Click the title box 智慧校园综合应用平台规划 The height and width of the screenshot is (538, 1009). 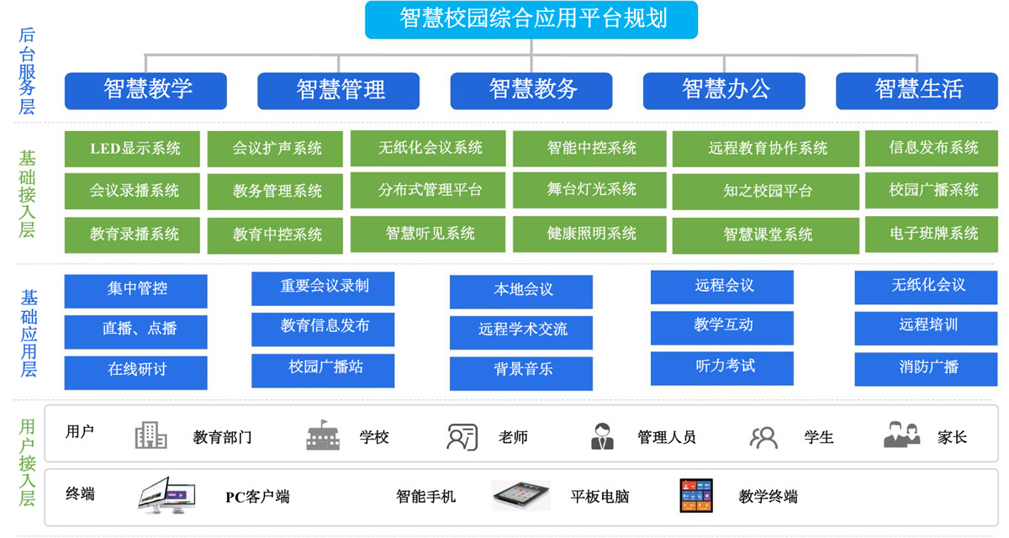(x=531, y=19)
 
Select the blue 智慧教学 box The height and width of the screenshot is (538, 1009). (x=145, y=90)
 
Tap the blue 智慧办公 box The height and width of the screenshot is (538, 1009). (x=724, y=90)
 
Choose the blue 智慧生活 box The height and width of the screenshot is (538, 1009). (x=918, y=90)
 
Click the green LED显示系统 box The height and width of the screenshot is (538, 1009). (x=133, y=149)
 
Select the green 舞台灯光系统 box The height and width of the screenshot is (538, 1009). (x=591, y=190)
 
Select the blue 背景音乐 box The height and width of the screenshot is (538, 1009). (x=521, y=370)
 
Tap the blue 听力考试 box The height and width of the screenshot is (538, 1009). (x=722, y=367)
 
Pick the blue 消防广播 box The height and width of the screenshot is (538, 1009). (x=927, y=367)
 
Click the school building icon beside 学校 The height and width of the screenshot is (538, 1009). (x=324, y=436)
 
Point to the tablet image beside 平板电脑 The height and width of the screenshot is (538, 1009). (x=520, y=496)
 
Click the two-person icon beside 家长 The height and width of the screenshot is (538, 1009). (x=902, y=435)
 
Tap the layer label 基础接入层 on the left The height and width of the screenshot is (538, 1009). (x=27, y=193)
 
